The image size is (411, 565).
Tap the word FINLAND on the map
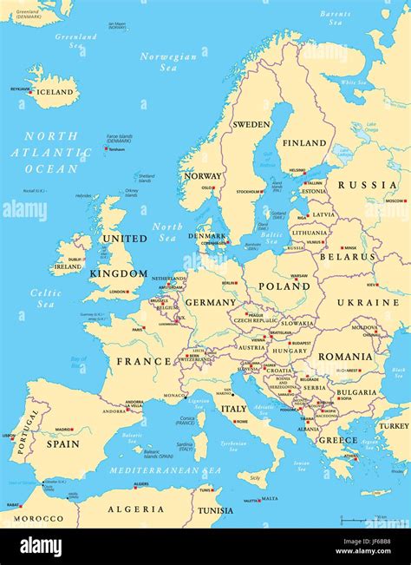[x=304, y=143]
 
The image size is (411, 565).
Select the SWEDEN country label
[x=251, y=124]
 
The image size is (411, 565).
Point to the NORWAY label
[x=202, y=175]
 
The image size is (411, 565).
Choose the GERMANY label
[x=211, y=302]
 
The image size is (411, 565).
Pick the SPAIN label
[x=62, y=443]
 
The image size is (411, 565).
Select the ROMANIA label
[x=344, y=356]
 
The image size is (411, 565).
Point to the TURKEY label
[x=393, y=426]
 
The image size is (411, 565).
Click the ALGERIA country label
[x=135, y=509]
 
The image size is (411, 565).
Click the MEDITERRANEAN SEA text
[x=164, y=470]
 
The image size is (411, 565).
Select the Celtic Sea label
[x=46, y=299]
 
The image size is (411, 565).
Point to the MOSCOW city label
[x=395, y=201]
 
